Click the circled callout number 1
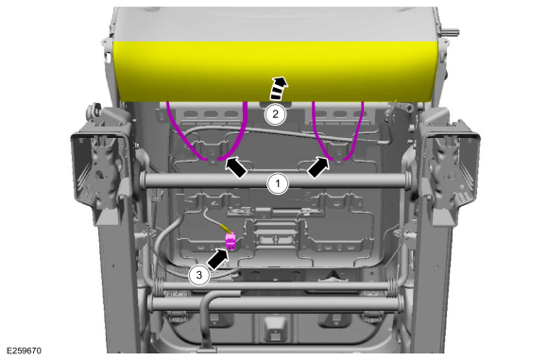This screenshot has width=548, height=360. pos(278,183)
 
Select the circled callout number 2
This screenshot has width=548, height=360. pos(275,114)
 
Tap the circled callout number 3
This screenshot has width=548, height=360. pos(199,275)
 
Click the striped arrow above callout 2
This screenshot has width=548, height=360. pos(279,88)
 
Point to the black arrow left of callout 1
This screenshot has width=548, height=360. pos(236,166)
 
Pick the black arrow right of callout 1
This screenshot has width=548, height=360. pos(318,166)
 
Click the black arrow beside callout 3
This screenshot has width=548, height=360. pos(217,259)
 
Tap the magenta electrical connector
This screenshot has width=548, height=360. pos(231,242)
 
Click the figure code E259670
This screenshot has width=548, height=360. pos(25,351)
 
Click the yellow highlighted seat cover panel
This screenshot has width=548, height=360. pos(275,72)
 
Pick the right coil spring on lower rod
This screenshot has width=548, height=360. pos(394,286)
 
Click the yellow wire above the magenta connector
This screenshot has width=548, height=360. pos(227,229)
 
